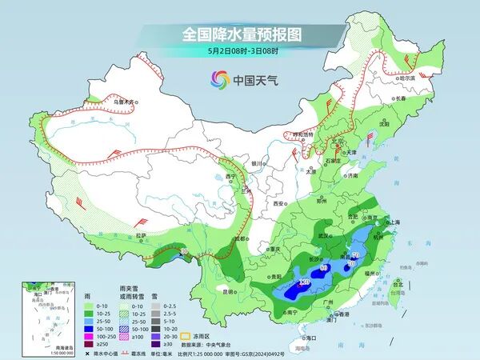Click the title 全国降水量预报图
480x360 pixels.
pos(240,35)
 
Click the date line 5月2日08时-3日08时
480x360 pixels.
pos(239,51)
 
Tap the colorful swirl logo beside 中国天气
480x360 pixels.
pos(219,79)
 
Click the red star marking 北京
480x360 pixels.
pos(331,145)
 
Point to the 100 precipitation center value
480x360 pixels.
pos(304,282)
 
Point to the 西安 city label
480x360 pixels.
pos(278,204)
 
